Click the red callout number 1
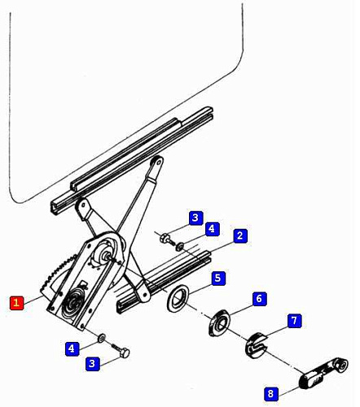pyautogui.click(x=16, y=303)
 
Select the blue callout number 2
pyautogui.click(x=240, y=235)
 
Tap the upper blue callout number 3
pyautogui.click(x=195, y=217)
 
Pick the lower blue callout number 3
pyautogui.click(x=92, y=363)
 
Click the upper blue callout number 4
pyautogui.click(x=212, y=229)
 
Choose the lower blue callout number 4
pyautogui.click(x=72, y=348)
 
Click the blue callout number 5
pyautogui.click(x=218, y=278)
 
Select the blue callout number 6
pyautogui.click(x=259, y=299)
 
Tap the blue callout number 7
pyautogui.click(x=295, y=321)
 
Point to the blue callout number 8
pyautogui.click(x=270, y=393)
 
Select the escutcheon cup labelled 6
pyautogui.click(x=219, y=322)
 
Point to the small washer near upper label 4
pyautogui.click(x=180, y=247)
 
